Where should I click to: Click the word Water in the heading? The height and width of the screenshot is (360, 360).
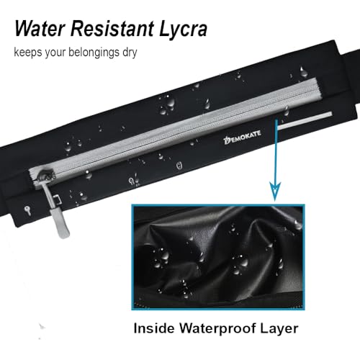40,29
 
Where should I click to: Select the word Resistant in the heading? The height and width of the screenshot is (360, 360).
112,29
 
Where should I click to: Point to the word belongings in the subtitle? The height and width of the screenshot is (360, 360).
94,53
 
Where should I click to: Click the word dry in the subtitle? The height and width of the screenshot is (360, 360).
130,53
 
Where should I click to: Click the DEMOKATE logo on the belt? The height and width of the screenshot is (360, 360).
242,138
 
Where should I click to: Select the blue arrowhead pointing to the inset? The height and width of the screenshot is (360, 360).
275,191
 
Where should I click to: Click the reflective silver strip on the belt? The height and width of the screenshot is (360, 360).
305,120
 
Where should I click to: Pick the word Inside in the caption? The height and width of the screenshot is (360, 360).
154,328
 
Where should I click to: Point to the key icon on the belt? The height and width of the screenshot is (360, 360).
28,210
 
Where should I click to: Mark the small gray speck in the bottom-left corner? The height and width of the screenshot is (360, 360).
42,326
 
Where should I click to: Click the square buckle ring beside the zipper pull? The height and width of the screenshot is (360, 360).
57,199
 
